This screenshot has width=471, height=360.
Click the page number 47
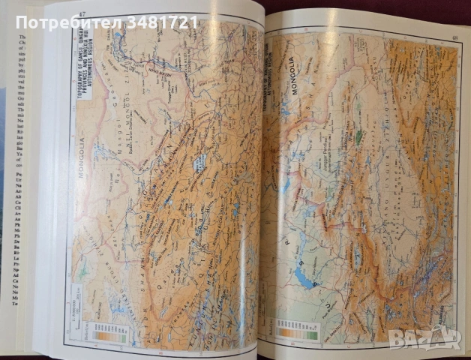[82, 14]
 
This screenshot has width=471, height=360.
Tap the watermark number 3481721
[163, 23]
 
